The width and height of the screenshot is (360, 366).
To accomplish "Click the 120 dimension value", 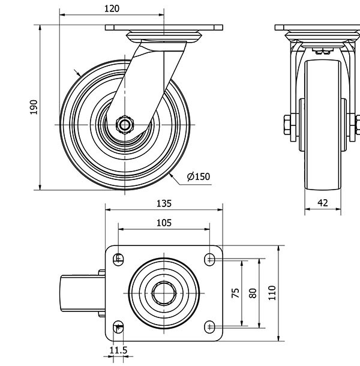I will click(112, 8).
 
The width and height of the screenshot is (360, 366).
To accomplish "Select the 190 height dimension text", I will click(34, 107).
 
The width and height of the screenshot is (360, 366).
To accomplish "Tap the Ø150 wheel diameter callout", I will click(199, 176).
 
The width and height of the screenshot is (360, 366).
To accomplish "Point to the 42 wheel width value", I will click(322, 203).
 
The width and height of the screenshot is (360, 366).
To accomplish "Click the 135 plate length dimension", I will click(164, 203).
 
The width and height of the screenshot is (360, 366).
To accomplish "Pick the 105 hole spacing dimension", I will click(164, 223).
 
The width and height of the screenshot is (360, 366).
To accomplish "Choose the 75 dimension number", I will click(236, 293).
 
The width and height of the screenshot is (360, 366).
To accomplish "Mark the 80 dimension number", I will click(253, 293).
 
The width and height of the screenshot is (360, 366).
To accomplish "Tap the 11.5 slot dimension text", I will click(118, 350).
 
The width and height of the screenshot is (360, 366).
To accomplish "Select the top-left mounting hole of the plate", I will click(118, 259).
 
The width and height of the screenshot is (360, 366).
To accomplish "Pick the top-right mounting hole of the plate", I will click(209, 259).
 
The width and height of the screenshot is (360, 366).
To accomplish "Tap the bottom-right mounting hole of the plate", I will click(209, 326).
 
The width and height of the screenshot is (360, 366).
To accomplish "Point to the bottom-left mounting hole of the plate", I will click(118, 326).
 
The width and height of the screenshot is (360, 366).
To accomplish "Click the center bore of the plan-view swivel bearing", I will click(163, 293).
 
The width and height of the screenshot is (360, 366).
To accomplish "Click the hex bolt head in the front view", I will click(286, 126).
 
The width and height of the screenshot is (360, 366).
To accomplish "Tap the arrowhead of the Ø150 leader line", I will click(171, 175).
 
